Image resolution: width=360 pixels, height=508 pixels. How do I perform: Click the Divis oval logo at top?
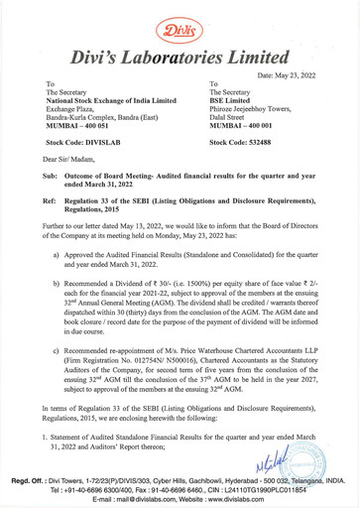(180, 18)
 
